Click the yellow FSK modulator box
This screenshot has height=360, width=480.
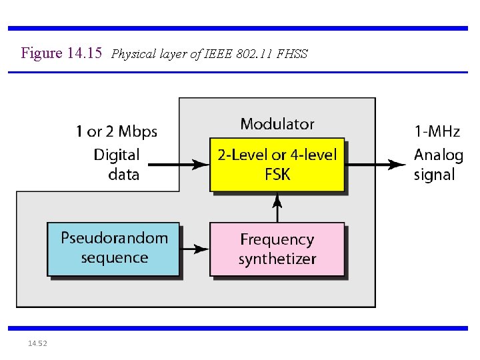point(277,165)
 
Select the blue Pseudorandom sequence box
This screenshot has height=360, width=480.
point(113,249)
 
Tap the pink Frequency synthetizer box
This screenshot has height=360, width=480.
point(277,249)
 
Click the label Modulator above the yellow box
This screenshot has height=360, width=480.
point(277,124)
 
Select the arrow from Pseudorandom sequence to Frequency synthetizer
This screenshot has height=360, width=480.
point(195,249)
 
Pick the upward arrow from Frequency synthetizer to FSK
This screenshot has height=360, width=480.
point(278,207)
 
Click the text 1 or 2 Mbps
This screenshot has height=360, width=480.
point(116,132)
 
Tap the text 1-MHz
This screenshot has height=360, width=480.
point(437,132)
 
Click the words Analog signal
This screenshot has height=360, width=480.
point(438,165)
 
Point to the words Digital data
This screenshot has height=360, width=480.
point(116,165)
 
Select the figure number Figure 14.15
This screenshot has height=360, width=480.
point(61,53)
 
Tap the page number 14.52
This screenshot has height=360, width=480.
point(37,343)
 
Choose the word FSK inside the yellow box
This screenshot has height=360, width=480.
point(277,175)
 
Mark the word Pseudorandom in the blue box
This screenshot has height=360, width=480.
point(114,238)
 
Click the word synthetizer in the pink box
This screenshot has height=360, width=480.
point(277,259)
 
